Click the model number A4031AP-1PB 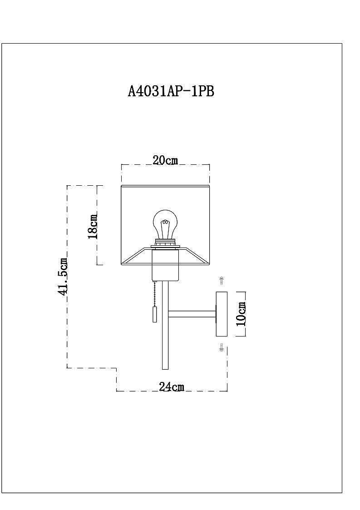171,91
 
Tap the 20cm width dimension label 165,160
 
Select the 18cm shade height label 92,226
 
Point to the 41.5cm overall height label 63,277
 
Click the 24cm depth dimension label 171,386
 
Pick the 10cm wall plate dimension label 241,314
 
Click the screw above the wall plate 222,281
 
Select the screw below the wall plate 222,348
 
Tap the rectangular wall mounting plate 221,314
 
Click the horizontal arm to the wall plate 192,314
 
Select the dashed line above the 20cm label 165,165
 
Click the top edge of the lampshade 165,185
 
